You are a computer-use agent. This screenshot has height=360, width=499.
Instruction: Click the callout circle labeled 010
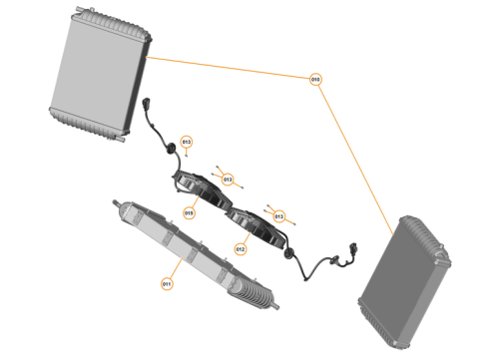click(x=316, y=79)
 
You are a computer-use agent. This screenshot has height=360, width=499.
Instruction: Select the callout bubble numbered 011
click(x=167, y=284)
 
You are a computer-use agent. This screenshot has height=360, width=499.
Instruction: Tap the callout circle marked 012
click(x=241, y=248)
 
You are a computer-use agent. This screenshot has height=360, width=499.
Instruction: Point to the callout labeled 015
click(x=190, y=212)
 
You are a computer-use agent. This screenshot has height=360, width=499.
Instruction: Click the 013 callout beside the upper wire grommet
click(x=186, y=142)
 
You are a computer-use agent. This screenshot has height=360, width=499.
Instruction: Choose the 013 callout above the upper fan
click(x=229, y=180)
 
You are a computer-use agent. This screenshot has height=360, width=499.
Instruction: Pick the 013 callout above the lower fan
click(x=278, y=215)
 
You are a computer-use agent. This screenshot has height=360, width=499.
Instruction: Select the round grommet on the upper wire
click(x=171, y=149)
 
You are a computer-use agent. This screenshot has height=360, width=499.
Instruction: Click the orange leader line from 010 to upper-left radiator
click(x=230, y=68)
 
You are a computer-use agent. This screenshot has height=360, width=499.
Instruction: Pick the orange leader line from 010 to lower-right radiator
click(x=359, y=150)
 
